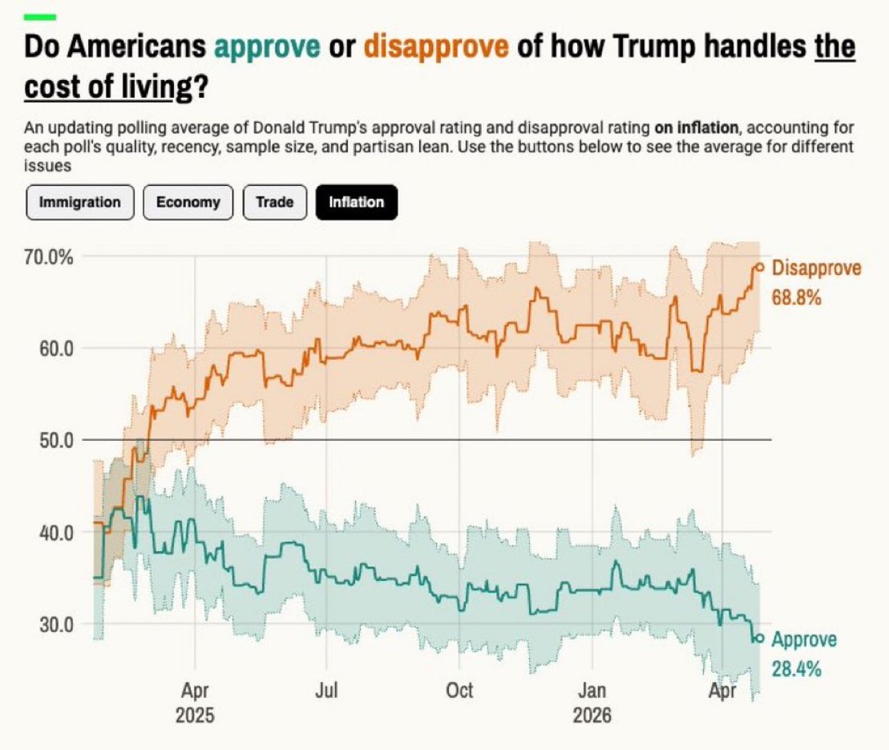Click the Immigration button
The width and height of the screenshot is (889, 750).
(79, 202)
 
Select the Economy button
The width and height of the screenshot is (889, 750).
(188, 202)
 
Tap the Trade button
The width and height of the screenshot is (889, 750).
(274, 202)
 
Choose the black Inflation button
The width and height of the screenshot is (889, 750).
(357, 202)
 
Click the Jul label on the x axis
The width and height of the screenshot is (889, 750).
(326, 690)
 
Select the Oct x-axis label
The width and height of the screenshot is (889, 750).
(459, 690)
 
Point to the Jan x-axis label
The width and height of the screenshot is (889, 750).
(592, 690)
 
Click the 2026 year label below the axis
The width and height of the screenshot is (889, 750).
(592, 714)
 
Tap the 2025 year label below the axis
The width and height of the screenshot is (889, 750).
(195, 714)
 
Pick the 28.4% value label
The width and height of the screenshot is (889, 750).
(796, 669)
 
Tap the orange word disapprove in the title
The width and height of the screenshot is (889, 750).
(436, 48)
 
